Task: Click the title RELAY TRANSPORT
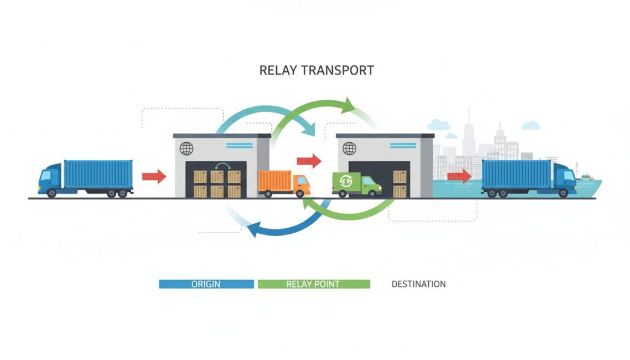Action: (316, 70)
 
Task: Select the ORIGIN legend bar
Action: (206, 284)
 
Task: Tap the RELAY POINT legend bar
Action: (314, 284)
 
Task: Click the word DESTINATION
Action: (418, 284)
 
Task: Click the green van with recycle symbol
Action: (356, 184)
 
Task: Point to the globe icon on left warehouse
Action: (186, 148)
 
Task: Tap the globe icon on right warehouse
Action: (349, 148)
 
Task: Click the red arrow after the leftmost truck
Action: (154, 177)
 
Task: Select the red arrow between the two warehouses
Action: (309, 161)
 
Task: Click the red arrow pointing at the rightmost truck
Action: (459, 176)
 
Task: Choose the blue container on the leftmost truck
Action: (98, 174)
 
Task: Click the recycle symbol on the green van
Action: (346, 181)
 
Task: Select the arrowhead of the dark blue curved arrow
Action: (253, 230)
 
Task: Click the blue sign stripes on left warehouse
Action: (239, 145)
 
